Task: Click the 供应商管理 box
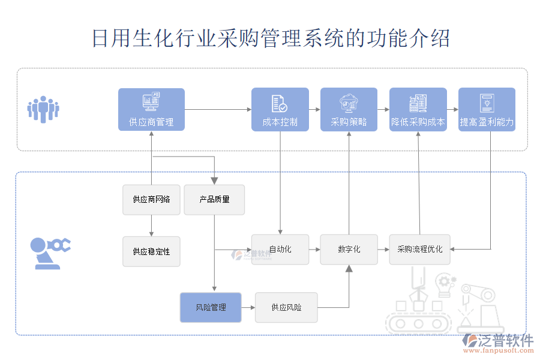click(x=151, y=110)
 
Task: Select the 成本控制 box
click(x=280, y=110)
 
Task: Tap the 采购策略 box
click(x=349, y=110)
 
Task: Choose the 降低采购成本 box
click(x=418, y=110)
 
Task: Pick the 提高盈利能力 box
click(x=487, y=110)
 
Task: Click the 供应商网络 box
click(x=151, y=199)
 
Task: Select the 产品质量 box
click(x=214, y=199)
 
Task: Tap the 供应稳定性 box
click(x=151, y=251)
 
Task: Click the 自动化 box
click(x=280, y=249)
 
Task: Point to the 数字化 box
click(x=349, y=249)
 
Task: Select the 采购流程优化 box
click(x=419, y=249)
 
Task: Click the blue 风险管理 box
click(x=211, y=307)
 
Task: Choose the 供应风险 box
click(x=286, y=307)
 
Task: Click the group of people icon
click(x=43, y=109)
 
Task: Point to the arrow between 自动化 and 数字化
click(x=314, y=249)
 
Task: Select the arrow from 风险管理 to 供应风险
click(x=248, y=307)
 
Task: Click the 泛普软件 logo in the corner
click(x=497, y=344)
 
